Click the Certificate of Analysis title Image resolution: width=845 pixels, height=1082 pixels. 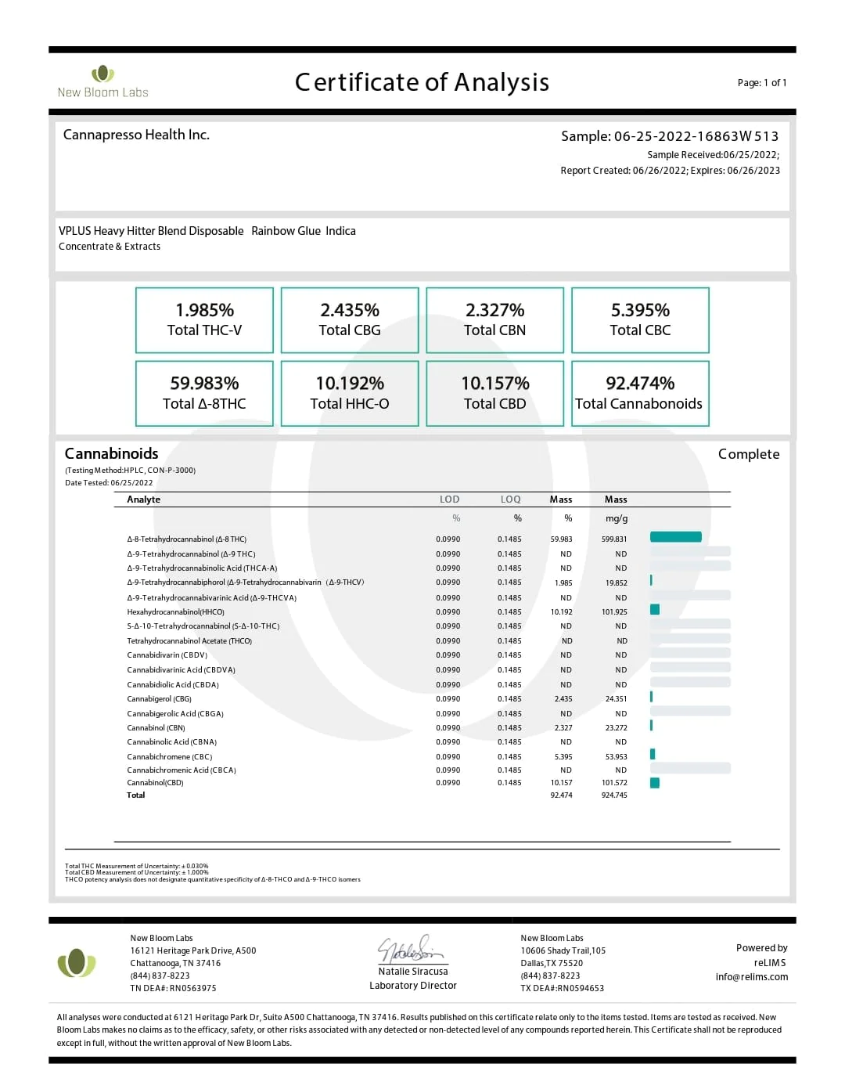422,82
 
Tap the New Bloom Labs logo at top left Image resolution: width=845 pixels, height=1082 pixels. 102,82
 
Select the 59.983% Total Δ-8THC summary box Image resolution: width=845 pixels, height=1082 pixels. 204,393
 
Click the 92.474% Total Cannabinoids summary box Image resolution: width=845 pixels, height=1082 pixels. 640,393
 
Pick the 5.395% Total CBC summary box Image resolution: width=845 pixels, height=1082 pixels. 640,319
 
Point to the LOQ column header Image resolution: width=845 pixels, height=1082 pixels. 510,500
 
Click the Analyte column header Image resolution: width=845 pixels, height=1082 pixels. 144,500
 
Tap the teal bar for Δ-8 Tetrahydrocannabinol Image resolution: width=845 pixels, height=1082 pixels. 675,537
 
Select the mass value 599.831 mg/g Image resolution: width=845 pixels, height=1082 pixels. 614,539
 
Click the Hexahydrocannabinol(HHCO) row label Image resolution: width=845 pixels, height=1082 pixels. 176,612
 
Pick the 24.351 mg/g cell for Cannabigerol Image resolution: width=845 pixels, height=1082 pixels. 616,699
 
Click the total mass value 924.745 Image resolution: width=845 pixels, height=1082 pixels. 614,795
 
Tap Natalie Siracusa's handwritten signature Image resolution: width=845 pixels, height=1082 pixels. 411,949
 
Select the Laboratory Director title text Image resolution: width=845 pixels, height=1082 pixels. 413,986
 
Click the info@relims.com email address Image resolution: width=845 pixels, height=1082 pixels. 751,977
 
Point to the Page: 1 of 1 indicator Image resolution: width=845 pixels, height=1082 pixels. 761,83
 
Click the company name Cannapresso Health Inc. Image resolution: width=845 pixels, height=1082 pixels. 136,135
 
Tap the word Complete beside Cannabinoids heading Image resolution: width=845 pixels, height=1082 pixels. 749,454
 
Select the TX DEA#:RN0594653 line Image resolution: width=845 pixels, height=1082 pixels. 562,988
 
